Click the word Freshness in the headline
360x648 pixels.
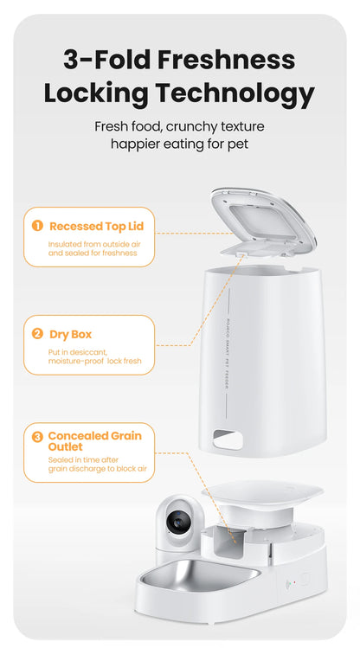(224, 60)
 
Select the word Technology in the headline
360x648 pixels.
(235, 93)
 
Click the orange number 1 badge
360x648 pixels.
(37, 226)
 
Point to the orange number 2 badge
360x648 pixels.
(37, 334)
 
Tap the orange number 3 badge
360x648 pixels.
(37, 437)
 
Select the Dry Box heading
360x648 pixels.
(70, 334)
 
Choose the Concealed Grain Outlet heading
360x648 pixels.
(94, 441)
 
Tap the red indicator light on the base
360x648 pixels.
(294, 582)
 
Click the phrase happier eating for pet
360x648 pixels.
(179, 144)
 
